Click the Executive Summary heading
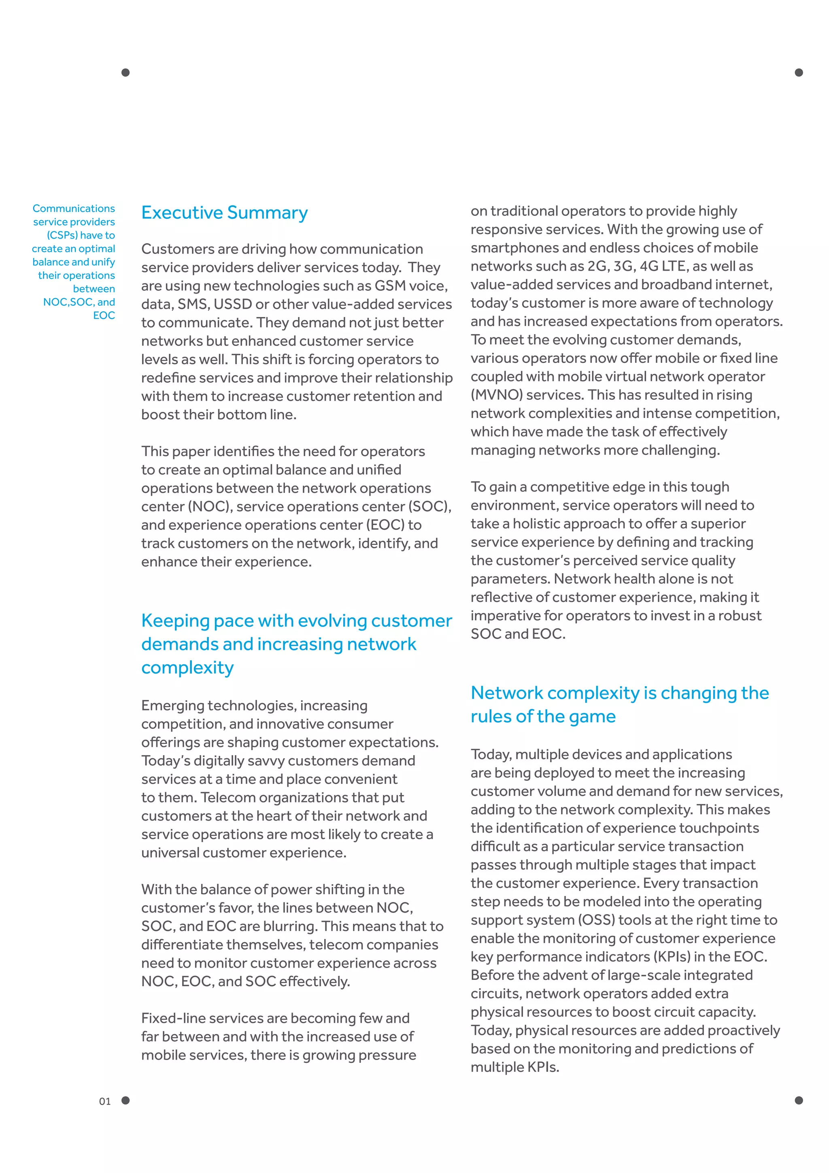pyautogui.click(x=224, y=213)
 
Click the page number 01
pyautogui.click(x=105, y=1101)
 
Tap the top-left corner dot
pyautogui.click(x=125, y=73)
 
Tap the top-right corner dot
pyautogui.click(x=799, y=73)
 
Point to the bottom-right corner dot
pyautogui.click(x=799, y=1100)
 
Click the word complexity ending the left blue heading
pyautogui.click(x=187, y=668)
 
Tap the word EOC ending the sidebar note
pyautogui.click(x=104, y=315)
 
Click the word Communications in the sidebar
pyautogui.click(x=74, y=209)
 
